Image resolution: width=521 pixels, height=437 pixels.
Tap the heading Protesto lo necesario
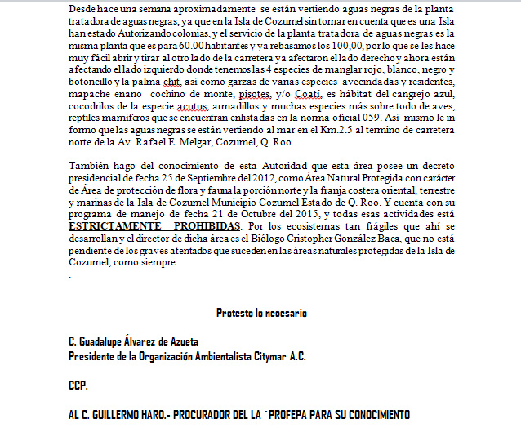pyautogui.click(x=261, y=313)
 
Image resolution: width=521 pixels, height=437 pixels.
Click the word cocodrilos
pyautogui.click(x=96, y=106)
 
